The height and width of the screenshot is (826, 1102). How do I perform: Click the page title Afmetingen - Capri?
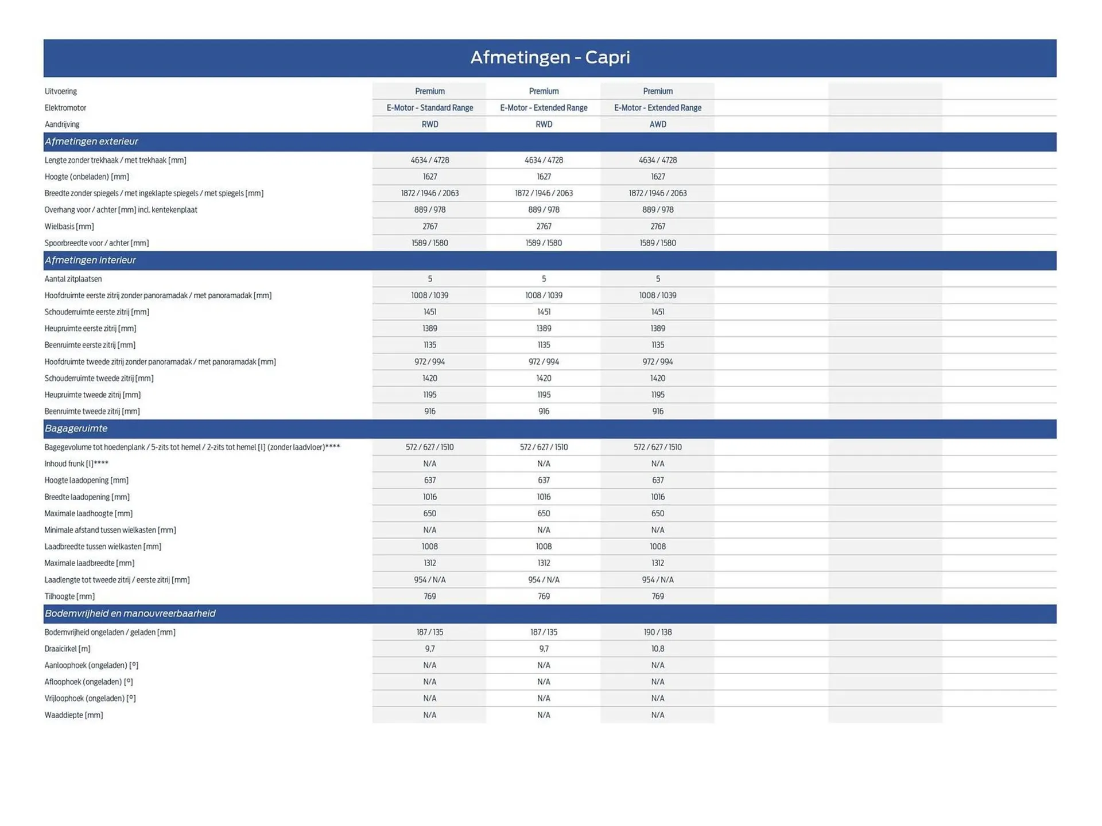[x=550, y=57]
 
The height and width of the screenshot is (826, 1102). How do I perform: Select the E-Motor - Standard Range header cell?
[x=429, y=108]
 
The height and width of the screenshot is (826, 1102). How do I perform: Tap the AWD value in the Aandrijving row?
[x=658, y=124]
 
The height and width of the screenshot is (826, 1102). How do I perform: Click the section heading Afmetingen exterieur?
[x=91, y=142]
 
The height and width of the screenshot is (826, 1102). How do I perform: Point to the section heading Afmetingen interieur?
[x=90, y=260]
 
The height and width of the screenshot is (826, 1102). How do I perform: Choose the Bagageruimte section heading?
[x=76, y=428]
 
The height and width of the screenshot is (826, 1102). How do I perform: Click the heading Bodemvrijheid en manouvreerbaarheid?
[x=130, y=614]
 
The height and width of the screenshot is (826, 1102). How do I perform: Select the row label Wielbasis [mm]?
[x=69, y=227]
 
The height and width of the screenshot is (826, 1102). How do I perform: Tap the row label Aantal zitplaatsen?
[x=73, y=279]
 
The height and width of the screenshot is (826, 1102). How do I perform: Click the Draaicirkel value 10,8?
[x=658, y=649]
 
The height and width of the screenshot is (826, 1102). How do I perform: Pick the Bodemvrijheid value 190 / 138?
[x=658, y=632]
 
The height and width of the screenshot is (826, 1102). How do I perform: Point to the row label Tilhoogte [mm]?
[x=69, y=597]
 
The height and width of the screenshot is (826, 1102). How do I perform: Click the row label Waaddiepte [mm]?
[x=73, y=715]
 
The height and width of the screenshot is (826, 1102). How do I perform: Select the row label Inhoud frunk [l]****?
[x=76, y=464]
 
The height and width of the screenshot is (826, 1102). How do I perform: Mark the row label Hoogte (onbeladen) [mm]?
[x=87, y=177]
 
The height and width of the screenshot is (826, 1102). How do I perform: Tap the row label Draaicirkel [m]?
[x=67, y=649]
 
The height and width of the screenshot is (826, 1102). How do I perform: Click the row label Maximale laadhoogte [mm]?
[x=88, y=514]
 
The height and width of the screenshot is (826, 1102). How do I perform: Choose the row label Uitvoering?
[x=60, y=92]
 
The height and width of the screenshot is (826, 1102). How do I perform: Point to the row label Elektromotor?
[x=65, y=108]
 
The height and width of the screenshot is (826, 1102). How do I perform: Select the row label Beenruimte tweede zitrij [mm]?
[x=92, y=411]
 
